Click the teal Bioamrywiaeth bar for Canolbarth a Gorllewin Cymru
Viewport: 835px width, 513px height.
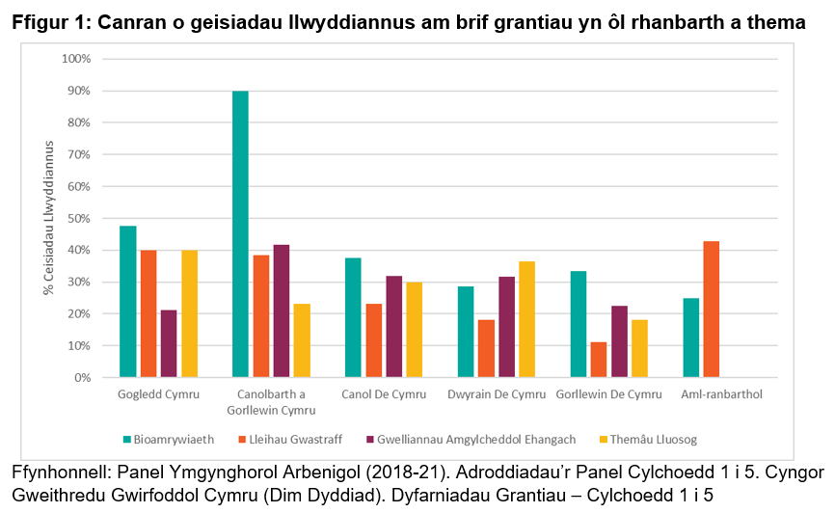(240, 233)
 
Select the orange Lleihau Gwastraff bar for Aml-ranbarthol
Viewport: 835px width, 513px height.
(711, 310)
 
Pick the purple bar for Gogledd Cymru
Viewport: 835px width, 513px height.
(169, 343)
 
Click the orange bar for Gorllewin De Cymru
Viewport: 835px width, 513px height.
(598, 360)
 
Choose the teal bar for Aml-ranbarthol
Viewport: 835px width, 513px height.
(690, 337)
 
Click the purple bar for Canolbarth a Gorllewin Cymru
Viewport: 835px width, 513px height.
(282, 310)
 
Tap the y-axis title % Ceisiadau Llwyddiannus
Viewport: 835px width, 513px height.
(48, 218)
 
